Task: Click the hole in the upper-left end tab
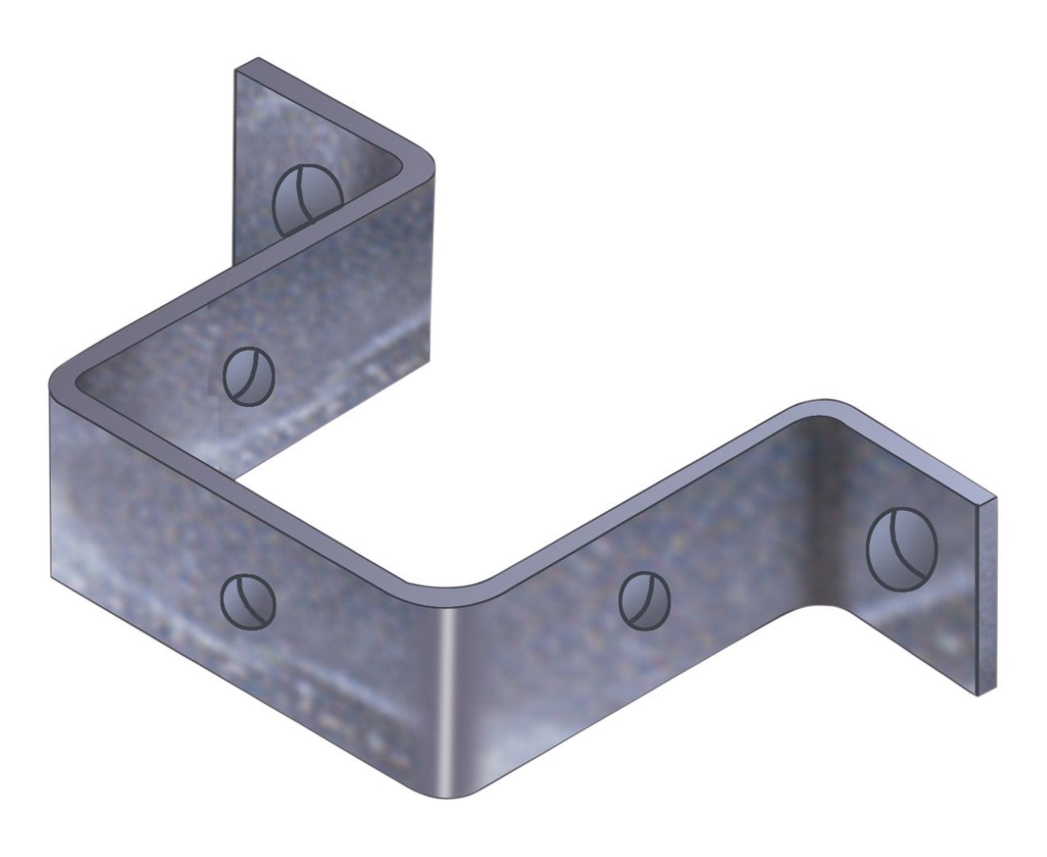pos(308,200)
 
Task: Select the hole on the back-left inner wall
pos(249,377)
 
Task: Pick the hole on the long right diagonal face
pos(644,600)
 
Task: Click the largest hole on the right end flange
pos(903,548)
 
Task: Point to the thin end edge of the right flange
pos(988,595)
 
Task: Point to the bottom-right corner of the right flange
pos(980,695)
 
